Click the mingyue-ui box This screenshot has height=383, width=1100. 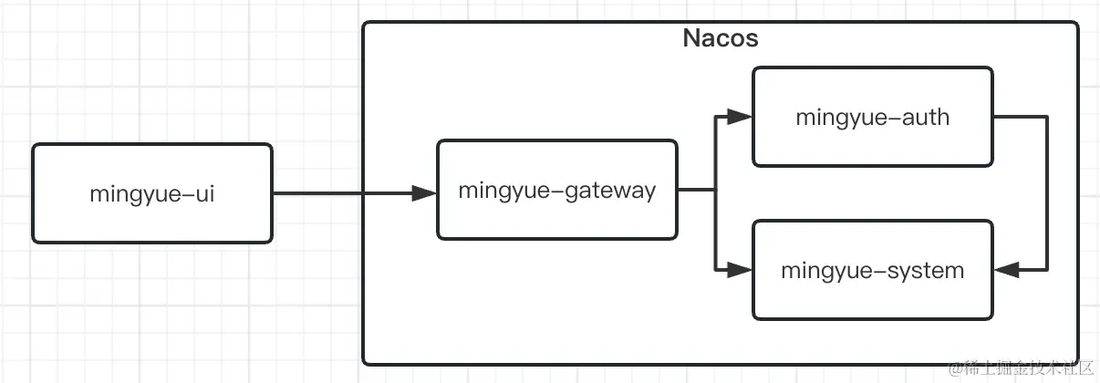click(152, 193)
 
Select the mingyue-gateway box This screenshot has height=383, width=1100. click(556, 190)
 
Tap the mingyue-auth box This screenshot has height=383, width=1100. click(872, 117)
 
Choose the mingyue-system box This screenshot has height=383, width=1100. click(872, 270)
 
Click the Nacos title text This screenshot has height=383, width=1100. click(721, 39)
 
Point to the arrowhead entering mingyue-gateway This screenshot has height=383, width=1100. click(424, 193)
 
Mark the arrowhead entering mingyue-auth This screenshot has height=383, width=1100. click(740, 117)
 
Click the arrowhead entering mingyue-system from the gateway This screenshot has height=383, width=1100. click(740, 270)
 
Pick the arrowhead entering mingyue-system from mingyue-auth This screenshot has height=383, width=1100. click(1006, 270)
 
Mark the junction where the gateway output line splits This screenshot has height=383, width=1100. click(714, 190)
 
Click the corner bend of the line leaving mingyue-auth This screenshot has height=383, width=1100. click(1047, 117)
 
